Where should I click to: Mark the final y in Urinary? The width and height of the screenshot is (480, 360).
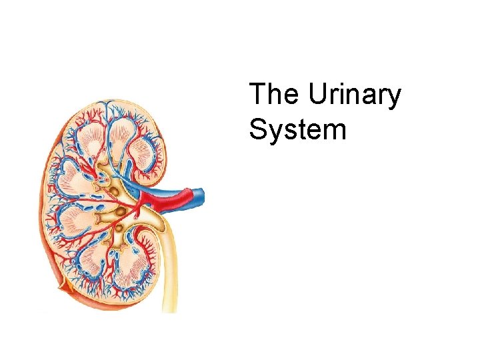395,100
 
